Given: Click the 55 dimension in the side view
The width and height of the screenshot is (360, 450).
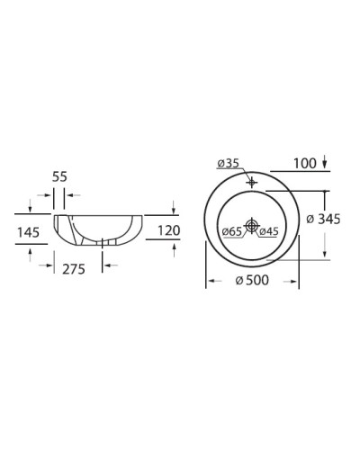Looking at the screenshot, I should pos(59,177).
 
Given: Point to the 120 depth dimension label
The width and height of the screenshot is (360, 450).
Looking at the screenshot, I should pos(168,230).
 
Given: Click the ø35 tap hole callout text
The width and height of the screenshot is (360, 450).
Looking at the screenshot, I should pos(228,163).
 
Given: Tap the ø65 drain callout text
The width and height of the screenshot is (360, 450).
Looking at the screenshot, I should pos(230,232).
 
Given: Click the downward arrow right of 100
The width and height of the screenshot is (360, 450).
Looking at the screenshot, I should pos(324,163).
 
